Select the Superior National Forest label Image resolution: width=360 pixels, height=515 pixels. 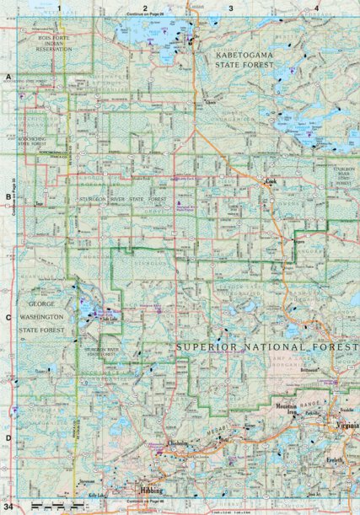click(262, 347)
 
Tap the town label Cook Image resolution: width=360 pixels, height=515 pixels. click(271, 181)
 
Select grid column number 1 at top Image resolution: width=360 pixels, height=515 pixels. click(60, 8)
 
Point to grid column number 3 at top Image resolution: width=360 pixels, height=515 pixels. click(231, 8)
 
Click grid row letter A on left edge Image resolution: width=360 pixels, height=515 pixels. click(8, 78)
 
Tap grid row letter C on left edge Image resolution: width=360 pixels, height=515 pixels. click(8, 318)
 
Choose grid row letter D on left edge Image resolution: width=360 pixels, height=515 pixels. click(8, 437)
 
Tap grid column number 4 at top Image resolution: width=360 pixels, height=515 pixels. click(316, 8)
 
